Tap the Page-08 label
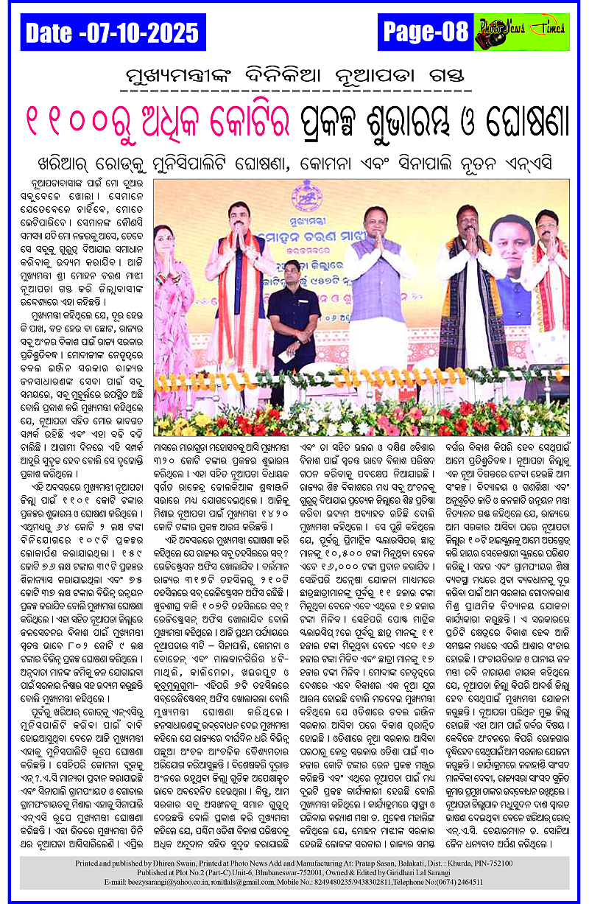click(x=426, y=32)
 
